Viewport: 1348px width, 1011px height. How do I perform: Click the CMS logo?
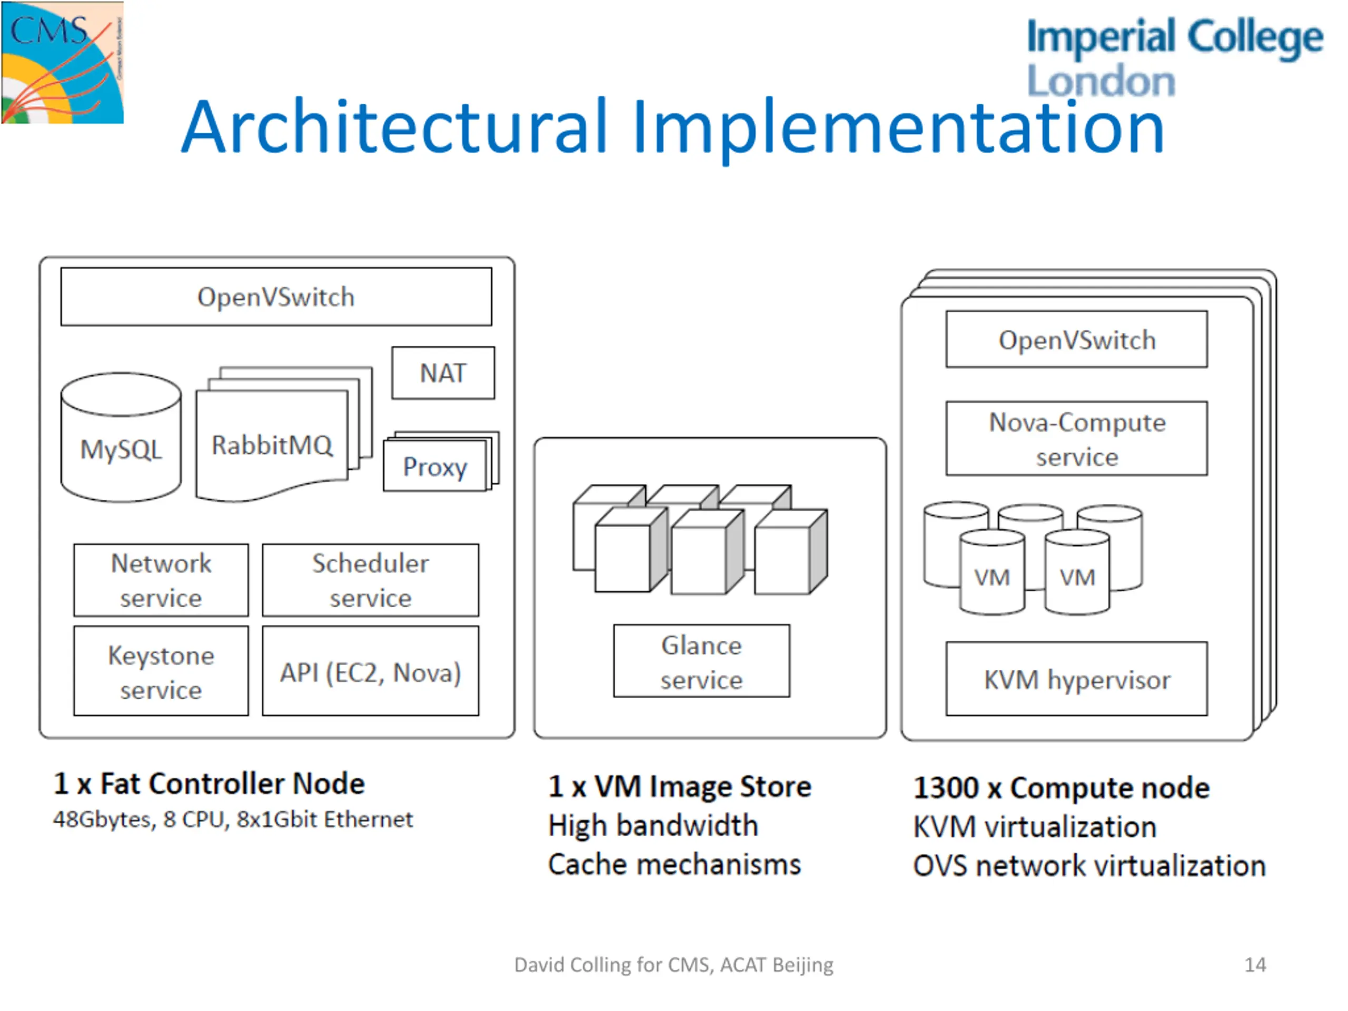pyautogui.click(x=62, y=62)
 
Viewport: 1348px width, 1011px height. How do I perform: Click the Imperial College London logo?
pyautogui.click(x=1175, y=57)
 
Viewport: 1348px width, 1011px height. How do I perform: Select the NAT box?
pyautogui.click(x=443, y=373)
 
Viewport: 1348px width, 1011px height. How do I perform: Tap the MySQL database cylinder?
pyautogui.click(x=121, y=438)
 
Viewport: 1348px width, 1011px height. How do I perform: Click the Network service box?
pyautogui.click(x=161, y=580)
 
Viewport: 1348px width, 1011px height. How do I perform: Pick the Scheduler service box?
pyautogui.click(x=371, y=580)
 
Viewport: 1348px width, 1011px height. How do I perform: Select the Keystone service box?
pyautogui.click(x=161, y=671)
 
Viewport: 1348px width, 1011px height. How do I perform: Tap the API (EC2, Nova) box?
pyautogui.click(x=371, y=671)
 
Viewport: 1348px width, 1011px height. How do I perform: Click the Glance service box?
pyautogui.click(x=701, y=661)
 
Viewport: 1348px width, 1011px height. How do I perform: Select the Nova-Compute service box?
pyautogui.click(x=1077, y=438)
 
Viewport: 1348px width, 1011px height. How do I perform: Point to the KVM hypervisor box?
pyautogui.click(x=1077, y=679)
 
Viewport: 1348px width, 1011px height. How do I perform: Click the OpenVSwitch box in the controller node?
pyautogui.click(x=276, y=297)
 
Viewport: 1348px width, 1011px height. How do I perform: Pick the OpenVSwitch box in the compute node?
pyautogui.click(x=1077, y=340)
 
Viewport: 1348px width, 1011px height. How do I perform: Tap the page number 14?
pyautogui.click(x=1255, y=965)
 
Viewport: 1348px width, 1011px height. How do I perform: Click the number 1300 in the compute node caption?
pyautogui.click(x=946, y=788)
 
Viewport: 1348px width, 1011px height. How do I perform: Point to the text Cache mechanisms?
pyautogui.click(x=674, y=865)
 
